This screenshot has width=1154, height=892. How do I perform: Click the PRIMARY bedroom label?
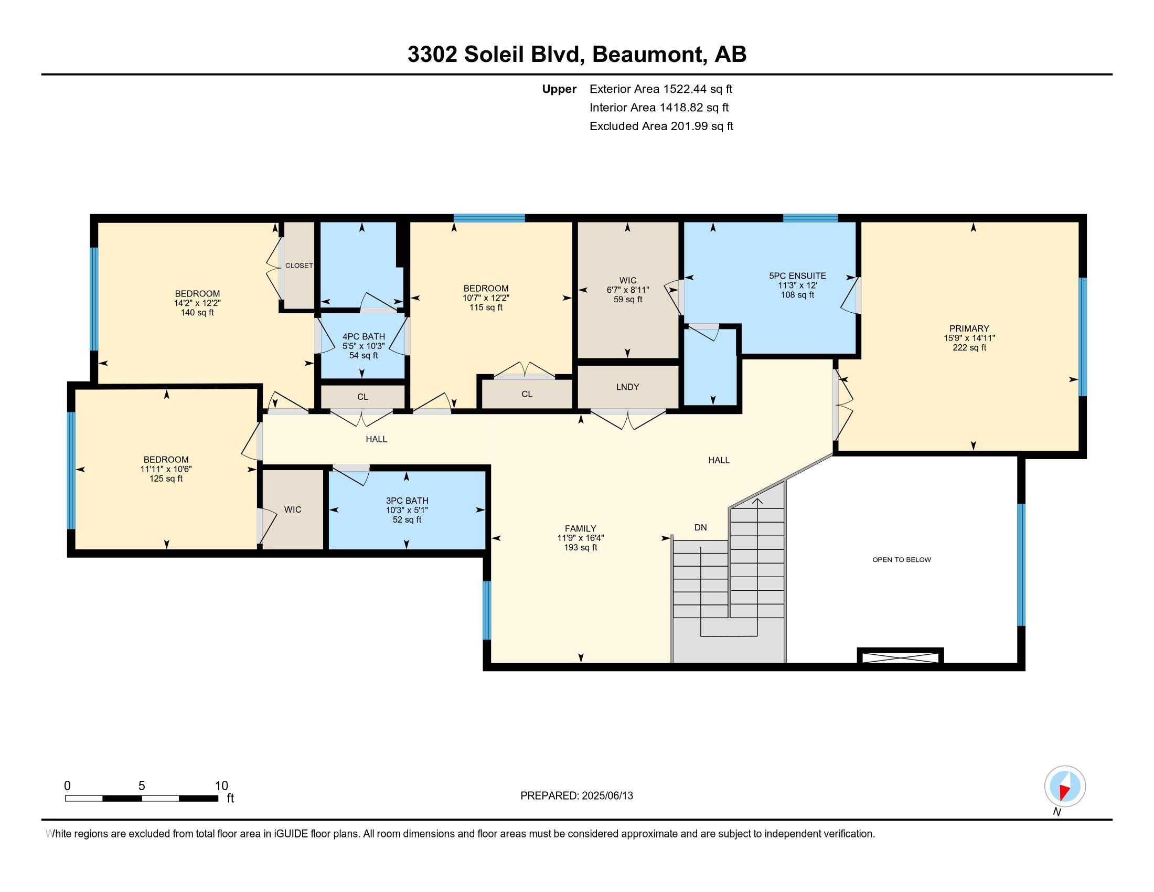coord(968,328)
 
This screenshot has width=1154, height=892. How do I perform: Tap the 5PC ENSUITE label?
coord(797,275)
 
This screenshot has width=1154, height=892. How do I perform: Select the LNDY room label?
coord(627,387)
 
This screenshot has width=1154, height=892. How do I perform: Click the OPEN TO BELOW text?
coord(901,560)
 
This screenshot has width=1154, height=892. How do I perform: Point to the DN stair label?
coord(700,527)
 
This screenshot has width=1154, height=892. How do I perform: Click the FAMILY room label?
coord(580,528)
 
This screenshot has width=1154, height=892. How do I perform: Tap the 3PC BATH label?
coord(407,501)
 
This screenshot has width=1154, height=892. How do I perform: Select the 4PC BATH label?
coord(364,337)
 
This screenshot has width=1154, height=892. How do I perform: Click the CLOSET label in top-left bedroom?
coord(298,266)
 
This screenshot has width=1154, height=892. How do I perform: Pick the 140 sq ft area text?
coord(197,313)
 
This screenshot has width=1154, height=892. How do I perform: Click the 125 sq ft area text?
coord(165,479)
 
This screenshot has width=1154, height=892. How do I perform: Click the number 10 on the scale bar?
coord(221,786)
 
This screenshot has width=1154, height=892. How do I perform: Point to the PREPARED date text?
coord(576,796)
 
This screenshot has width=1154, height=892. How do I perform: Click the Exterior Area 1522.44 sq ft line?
coord(660,89)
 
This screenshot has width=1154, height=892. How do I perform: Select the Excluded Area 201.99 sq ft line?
coord(661,126)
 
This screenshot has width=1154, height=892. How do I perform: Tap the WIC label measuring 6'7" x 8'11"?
coord(627,281)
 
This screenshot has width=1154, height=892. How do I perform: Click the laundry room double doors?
coord(627,420)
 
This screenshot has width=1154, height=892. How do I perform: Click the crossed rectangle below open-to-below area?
coord(900,657)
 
